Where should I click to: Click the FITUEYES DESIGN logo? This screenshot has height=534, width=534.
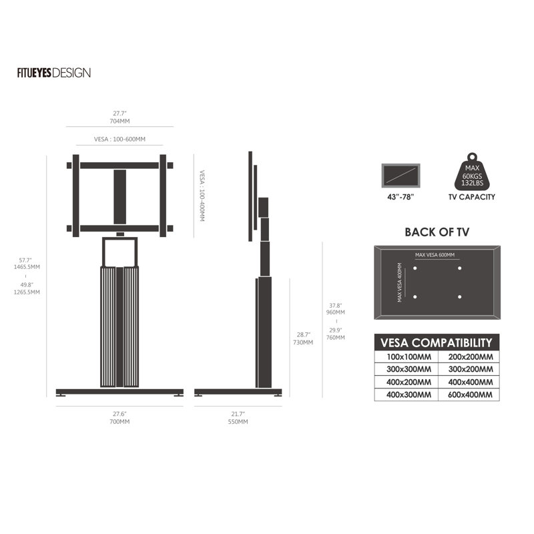54,73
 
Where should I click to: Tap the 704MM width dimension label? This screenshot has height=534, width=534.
119,121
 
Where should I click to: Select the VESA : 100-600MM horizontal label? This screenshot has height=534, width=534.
119,139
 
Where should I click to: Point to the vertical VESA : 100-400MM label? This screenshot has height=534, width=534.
202,196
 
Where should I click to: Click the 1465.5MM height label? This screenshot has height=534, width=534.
27,267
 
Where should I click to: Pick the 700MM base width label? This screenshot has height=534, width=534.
119,422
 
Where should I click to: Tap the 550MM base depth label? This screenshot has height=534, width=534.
238,422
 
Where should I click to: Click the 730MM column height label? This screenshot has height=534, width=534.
303,342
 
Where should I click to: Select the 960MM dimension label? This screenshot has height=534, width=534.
336,312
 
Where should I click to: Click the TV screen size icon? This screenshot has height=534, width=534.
401,176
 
